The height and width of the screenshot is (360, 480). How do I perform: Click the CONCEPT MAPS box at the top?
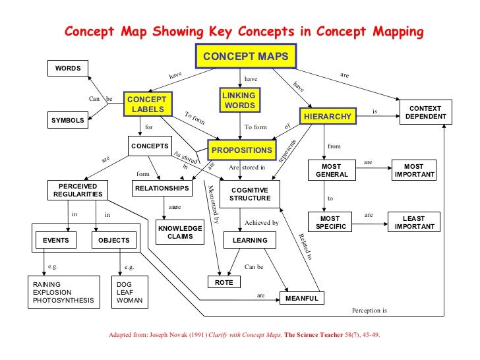[245, 56]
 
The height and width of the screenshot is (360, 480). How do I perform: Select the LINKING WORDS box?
[239, 101]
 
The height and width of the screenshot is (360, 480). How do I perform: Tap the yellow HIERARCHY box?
[328, 117]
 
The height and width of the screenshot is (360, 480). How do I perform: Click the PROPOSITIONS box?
[241, 150]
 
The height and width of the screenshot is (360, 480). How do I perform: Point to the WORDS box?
[68, 68]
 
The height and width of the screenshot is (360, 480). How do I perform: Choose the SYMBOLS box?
[68, 120]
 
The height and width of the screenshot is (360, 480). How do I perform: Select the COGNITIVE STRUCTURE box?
[250, 194]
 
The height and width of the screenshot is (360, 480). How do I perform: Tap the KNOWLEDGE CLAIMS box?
[180, 232]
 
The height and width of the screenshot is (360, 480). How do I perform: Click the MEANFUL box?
[301, 299]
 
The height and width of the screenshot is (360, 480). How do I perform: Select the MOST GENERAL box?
[332, 170]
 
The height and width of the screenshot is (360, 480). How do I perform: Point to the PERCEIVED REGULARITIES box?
[78, 190]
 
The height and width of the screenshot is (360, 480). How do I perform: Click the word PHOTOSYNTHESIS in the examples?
[63, 301]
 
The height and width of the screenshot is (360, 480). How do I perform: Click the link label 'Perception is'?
[369, 310]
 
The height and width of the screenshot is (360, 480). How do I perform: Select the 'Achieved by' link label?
[262, 223]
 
